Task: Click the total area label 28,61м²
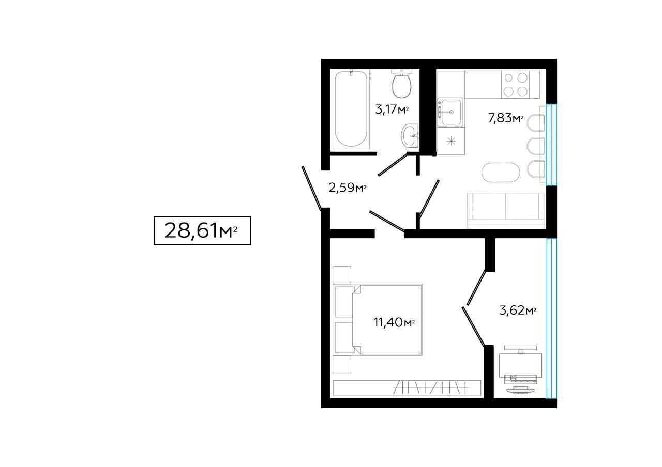coord(201,230)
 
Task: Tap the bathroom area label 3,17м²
coord(392,110)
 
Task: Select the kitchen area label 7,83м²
coord(506,118)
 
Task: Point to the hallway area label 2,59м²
coord(348,188)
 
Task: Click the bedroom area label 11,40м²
coord(394,322)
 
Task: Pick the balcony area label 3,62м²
coord(518,310)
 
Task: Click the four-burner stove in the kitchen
coord(516,85)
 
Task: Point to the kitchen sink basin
coord(450,112)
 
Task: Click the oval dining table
coord(501,172)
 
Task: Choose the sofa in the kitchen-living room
coord(506,210)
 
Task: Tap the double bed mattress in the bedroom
coord(387,320)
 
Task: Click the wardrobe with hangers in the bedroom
coord(407,388)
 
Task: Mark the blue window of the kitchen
coord(551,145)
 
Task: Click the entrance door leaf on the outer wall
coord(311,189)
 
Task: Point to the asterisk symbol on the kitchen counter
coord(451,141)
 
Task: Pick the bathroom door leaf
coord(393,165)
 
